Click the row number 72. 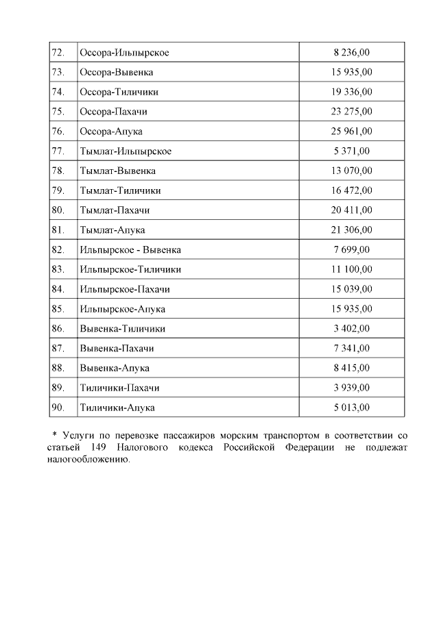pos(58,53)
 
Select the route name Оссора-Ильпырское pos(124,53)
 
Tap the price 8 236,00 pos(352,53)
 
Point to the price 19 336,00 pos(352,92)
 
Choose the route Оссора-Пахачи pos(114,112)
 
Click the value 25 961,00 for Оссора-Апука pos(352,131)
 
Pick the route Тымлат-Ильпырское pos(126,151)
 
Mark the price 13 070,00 pos(352,171)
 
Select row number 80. pos(58,210)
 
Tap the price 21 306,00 pos(352,230)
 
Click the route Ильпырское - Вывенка pos(130,250)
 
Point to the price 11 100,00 pos(352,269)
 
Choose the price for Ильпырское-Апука pos(352,309)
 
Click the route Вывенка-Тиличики pos(122,329)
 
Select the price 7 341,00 pos(352,348)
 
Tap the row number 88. pos(58,368)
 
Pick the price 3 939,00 pos(352,388)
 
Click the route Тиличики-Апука pos(117,408)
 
